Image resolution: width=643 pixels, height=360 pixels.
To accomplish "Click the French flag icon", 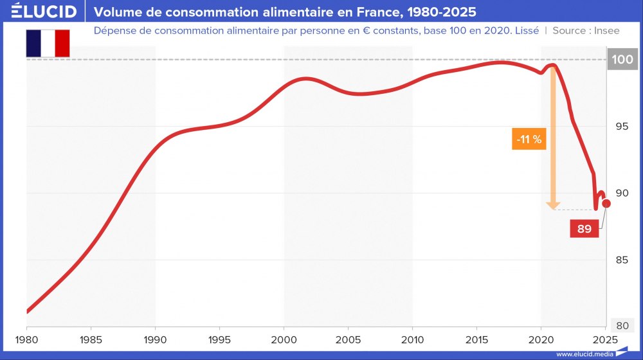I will (48, 43).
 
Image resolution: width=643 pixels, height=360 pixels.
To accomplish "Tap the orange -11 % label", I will (529, 139).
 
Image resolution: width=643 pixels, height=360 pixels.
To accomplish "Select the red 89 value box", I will (584, 228).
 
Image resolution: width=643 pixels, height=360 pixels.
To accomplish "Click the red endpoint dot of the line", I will (606, 203).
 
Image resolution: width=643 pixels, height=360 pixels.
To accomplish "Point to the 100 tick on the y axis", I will (621, 60).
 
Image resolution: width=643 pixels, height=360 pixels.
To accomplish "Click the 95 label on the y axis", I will (621, 127).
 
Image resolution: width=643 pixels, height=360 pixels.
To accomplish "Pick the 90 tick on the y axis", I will (621, 194).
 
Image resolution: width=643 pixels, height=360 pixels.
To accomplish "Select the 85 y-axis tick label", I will (621, 260).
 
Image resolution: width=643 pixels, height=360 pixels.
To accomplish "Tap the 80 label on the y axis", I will (621, 325).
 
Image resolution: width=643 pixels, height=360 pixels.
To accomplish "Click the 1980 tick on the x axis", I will (26, 339).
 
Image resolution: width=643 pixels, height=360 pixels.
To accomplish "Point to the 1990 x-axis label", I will (155, 339).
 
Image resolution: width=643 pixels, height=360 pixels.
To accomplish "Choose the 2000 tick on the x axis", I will (284, 339).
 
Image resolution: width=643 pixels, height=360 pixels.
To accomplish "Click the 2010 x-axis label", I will (412, 339).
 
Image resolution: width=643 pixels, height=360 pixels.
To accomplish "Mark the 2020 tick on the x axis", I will (541, 339).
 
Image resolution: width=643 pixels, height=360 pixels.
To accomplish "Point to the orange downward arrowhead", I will (552, 205).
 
